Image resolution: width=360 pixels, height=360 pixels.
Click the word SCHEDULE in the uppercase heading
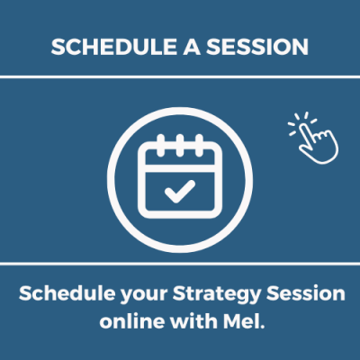[113, 47]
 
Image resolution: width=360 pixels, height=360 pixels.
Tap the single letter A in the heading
[192, 47]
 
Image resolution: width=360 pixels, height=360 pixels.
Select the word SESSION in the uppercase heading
[257, 47]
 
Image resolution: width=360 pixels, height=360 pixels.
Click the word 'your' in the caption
[144, 295]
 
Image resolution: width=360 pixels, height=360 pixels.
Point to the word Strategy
[217, 294]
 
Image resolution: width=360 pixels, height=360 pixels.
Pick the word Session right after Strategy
[306, 293]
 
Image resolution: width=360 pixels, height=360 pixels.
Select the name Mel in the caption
[240, 320]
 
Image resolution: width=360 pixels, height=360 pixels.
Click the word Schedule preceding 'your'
[67, 293]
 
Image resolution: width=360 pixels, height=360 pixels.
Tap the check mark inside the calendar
[180, 191]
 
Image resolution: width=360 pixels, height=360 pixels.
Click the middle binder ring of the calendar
[180, 146]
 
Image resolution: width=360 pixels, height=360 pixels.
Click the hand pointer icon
[313, 138]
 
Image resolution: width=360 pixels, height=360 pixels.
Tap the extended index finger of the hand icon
[307, 132]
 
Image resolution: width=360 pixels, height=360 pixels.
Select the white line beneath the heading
[180, 77]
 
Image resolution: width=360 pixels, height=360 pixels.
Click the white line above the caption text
[180, 264]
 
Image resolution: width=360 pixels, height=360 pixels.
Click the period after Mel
[262, 327]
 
